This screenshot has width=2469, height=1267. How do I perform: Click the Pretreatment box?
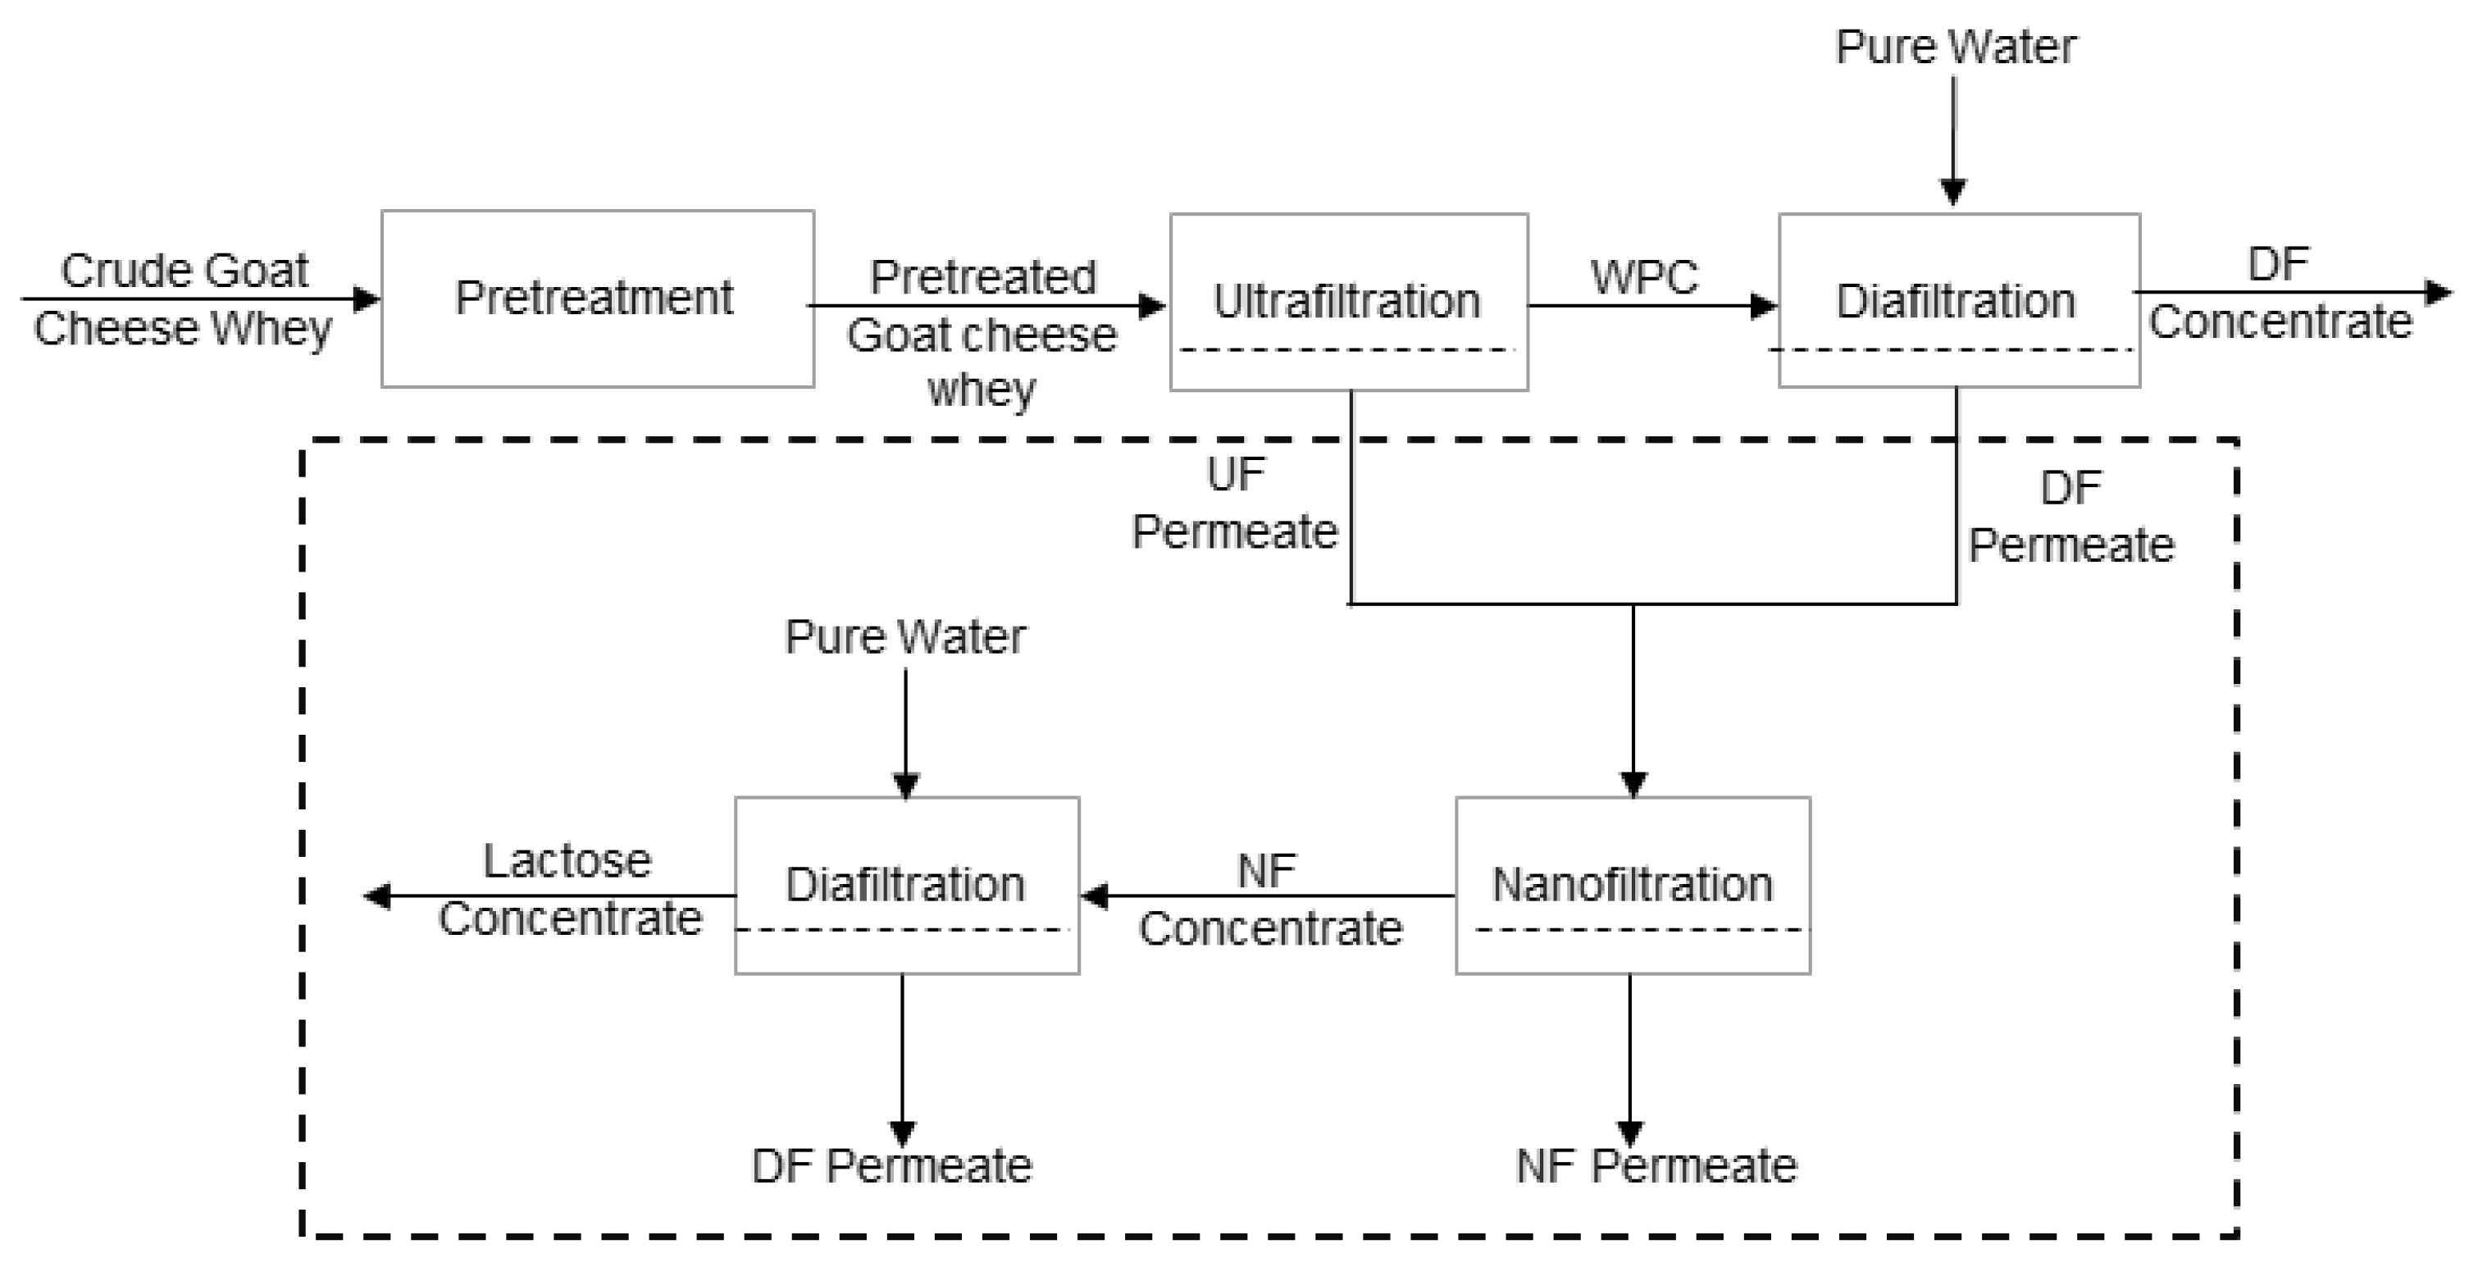597,298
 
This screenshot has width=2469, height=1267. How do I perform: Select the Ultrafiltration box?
1347,301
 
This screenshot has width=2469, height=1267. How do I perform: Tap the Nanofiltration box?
1633,884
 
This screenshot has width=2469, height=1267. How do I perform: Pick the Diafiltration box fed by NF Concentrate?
906,884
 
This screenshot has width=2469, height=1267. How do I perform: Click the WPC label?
1644,277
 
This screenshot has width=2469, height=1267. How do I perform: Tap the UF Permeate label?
1235,504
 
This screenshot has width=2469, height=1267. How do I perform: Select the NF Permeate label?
1656,1166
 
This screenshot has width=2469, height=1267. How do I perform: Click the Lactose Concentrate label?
569,890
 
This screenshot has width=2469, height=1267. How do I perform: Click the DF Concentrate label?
2280,294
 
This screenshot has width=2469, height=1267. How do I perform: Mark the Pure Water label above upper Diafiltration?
1955,46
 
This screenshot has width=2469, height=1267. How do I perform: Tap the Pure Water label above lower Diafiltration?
904,636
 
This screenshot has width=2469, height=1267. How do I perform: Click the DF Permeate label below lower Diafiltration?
891,1166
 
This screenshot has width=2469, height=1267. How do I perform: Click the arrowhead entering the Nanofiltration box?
1633,784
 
